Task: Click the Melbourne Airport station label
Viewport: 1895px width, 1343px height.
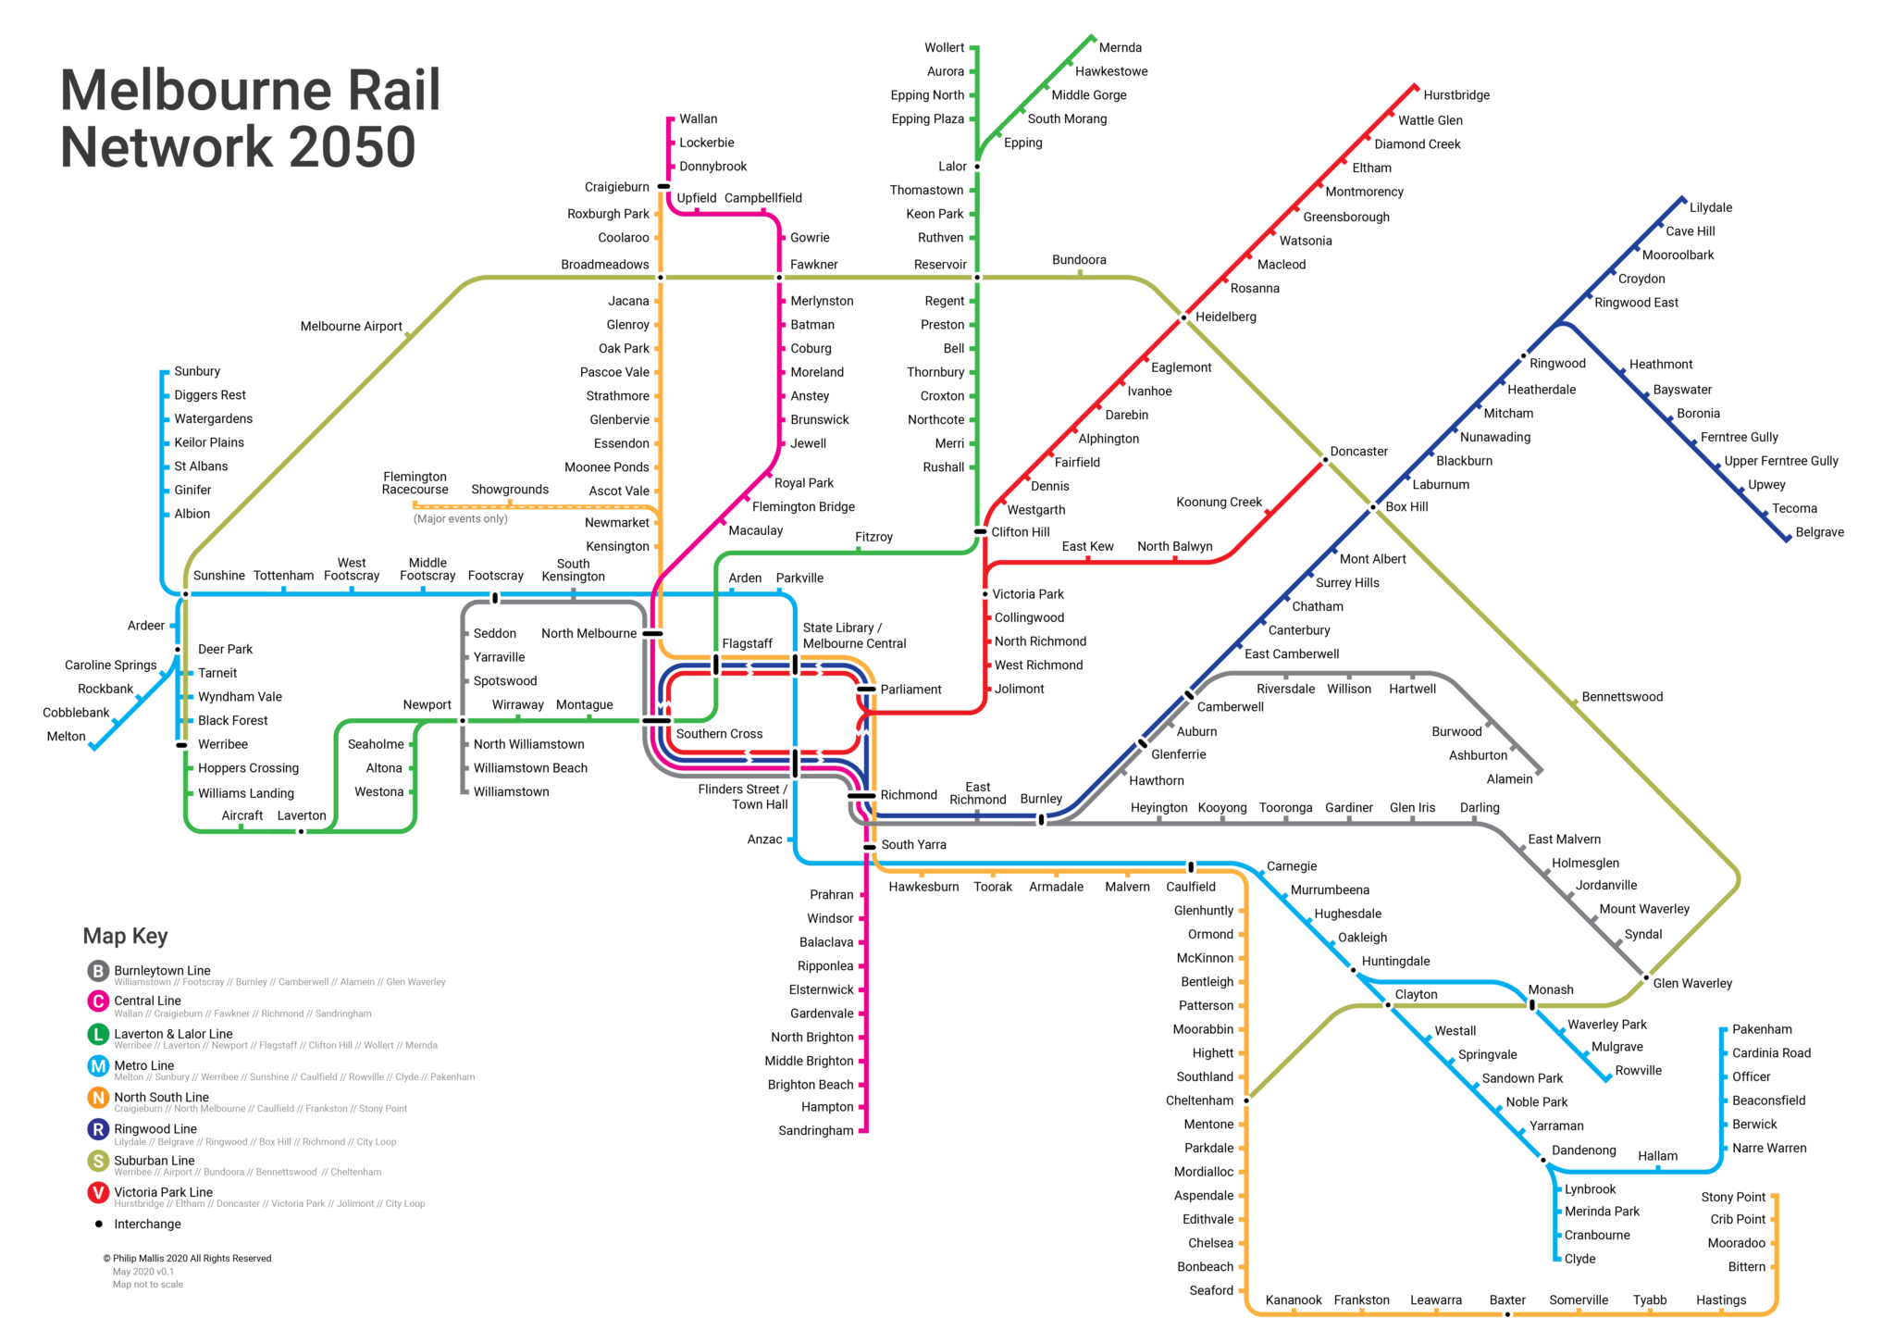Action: [351, 327]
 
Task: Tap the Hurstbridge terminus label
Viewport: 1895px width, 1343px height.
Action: [1456, 95]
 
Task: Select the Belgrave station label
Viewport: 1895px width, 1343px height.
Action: [1819, 532]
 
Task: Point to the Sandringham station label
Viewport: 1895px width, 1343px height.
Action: [815, 1131]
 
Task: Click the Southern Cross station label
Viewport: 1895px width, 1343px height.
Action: [719, 734]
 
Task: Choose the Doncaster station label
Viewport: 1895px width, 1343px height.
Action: [1358, 452]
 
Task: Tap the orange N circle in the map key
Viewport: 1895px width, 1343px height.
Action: [98, 1098]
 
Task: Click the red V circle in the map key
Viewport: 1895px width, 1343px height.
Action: [98, 1192]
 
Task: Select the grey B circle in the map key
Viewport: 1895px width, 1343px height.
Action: [98, 971]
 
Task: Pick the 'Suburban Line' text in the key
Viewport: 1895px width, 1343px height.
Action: [155, 1161]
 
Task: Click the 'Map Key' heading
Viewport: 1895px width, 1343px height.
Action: [126, 936]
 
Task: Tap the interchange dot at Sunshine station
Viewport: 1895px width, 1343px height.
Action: [185, 594]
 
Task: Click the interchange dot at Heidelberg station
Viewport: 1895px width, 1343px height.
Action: [1183, 318]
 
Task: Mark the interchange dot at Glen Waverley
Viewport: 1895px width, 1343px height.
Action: [1646, 977]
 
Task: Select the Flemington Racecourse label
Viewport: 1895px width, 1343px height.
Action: [415, 483]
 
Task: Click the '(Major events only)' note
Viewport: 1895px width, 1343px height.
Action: [461, 519]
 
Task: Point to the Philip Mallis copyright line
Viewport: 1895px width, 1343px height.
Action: [187, 1259]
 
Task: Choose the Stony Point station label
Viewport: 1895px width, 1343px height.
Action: [1733, 1198]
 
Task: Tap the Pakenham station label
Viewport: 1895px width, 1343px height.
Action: [1762, 1029]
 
